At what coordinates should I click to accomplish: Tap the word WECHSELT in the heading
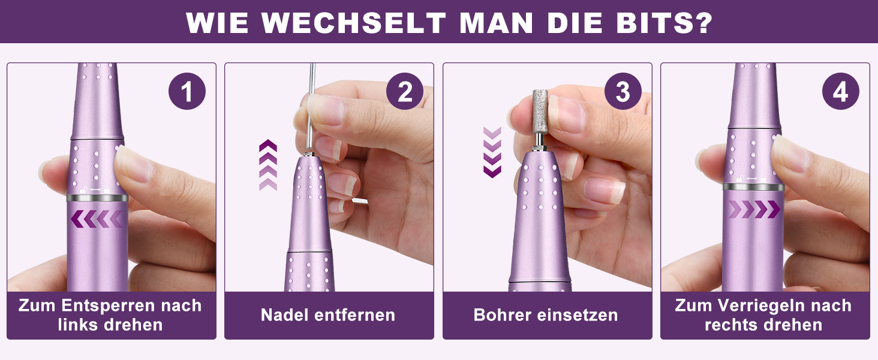click(x=354, y=23)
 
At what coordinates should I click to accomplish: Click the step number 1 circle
click(x=187, y=91)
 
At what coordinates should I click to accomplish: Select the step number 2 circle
click(x=404, y=91)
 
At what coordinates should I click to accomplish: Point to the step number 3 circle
click(x=623, y=91)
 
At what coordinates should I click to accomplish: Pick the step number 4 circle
click(x=840, y=91)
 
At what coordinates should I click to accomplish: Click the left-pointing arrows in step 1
click(x=97, y=218)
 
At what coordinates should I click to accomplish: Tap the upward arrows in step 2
click(x=268, y=165)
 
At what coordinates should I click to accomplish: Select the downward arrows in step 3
click(x=492, y=152)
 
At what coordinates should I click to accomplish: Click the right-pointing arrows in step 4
click(x=754, y=209)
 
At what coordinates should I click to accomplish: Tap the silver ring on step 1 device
click(x=97, y=197)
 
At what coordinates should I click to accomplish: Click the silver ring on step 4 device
click(x=753, y=187)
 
